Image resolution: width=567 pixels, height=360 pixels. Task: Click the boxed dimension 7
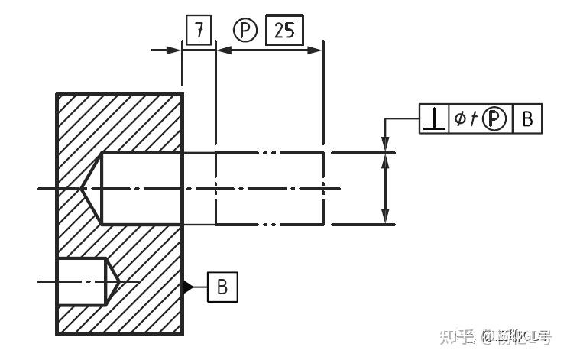[x=199, y=31]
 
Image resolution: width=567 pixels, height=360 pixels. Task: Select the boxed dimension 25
[x=283, y=31]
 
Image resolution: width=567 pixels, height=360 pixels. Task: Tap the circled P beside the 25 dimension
[x=245, y=31]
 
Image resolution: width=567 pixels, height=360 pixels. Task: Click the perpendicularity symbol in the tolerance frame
[x=435, y=118]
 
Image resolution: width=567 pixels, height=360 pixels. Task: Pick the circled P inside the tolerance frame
[x=495, y=118]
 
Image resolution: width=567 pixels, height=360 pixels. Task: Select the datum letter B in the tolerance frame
[x=527, y=118]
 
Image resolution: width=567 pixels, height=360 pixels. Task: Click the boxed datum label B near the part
[x=222, y=287]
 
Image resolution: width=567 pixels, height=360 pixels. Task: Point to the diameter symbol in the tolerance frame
[x=460, y=118]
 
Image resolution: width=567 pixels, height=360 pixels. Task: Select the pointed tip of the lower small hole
[x=112, y=282]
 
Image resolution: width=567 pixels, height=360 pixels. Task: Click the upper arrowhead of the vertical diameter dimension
[x=387, y=144]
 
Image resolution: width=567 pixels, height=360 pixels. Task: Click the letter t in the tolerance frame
[x=474, y=118]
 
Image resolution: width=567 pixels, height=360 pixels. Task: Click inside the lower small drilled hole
[x=81, y=282]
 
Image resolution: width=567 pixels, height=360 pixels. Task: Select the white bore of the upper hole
[x=142, y=188]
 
